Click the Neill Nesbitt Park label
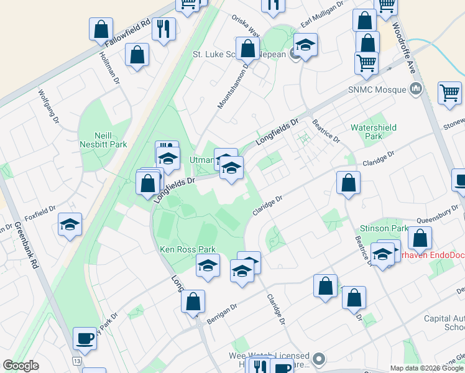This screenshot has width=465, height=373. (x=103, y=139)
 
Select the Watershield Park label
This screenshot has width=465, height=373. (x=373, y=131)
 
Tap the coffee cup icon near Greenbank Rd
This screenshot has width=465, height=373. (x=85, y=339)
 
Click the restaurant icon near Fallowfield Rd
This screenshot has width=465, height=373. (x=163, y=29)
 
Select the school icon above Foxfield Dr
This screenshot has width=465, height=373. (x=70, y=224)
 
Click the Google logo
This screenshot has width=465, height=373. (x=21, y=366)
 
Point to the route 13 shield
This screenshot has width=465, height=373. (x=76, y=361)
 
